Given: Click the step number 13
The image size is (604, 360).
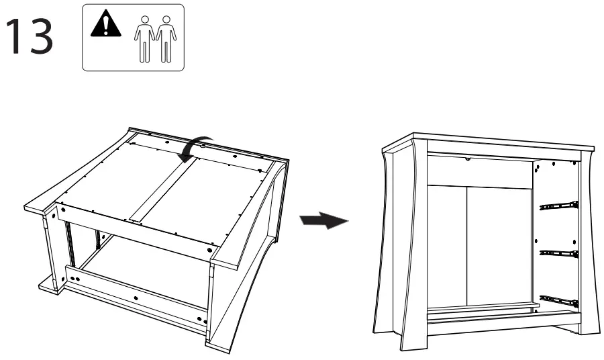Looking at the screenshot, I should point(30,38).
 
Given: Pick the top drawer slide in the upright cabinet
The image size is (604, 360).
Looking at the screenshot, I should point(559,205).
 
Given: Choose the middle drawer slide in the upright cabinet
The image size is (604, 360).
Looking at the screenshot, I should point(559,254).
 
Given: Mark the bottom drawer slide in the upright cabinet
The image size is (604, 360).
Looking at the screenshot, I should point(559,301).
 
